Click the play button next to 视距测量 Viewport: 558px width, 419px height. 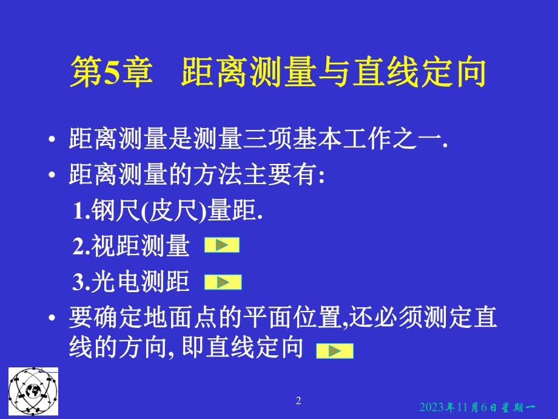[222, 245]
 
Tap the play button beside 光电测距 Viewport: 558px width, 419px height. [223, 282]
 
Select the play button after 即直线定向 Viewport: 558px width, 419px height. [334, 350]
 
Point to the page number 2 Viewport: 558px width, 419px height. [298, 400]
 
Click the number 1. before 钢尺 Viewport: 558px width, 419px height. [81, 211]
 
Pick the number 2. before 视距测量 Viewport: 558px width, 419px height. [81, 247]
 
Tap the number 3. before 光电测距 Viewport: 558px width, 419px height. [81, 282]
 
